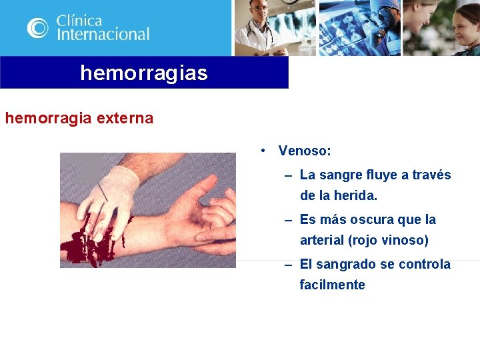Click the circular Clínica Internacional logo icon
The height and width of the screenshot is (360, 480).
[x=38, y=28]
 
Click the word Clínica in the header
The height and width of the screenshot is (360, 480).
[x=79, y=19]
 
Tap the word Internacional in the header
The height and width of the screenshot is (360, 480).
[x=103, y=34]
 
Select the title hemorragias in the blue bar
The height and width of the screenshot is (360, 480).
[x=144, y=73]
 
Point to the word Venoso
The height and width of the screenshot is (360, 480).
[x=304, y=151]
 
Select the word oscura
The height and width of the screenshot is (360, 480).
[x=374, y=219]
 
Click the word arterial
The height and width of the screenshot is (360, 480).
[x=323, y=240]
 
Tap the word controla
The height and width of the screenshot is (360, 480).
[x=425, y=264]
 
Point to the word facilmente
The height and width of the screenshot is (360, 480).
[x=332, y=285]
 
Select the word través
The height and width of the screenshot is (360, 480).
[x=431, y=175]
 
